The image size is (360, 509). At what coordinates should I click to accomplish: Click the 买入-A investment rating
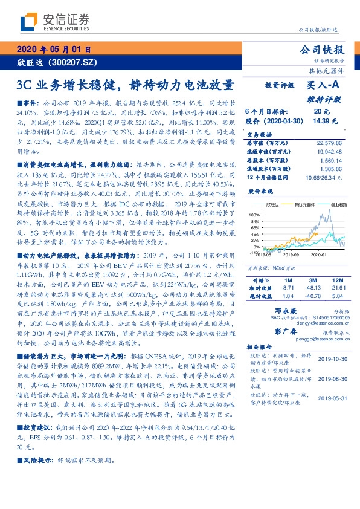[x=324, y=86]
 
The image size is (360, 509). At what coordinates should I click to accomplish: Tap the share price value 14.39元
[x=321, y=121]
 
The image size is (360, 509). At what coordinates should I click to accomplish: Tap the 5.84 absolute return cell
[x=338, y=295]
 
